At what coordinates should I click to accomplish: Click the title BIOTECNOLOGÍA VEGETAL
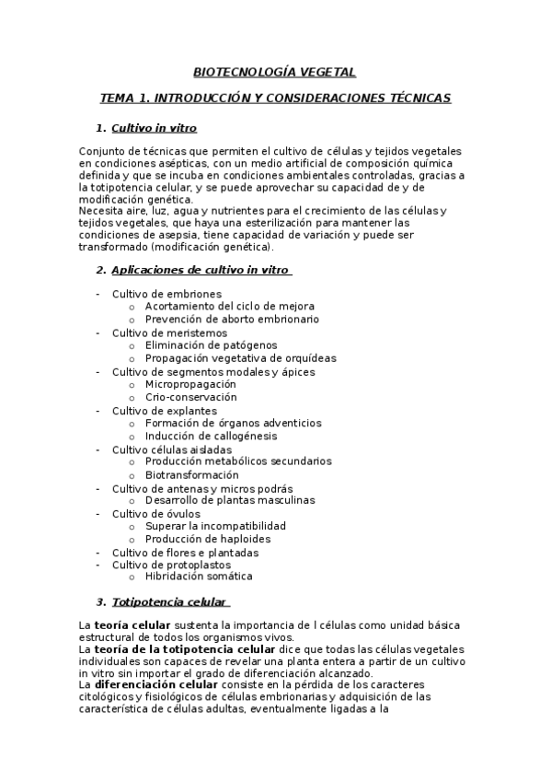[x=274, y=71]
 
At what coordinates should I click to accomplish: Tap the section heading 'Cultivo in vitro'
[x=154, y=128]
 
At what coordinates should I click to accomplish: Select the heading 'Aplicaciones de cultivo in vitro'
[x=200, y=270]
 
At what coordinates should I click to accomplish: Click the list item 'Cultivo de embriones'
[x=166, y=294]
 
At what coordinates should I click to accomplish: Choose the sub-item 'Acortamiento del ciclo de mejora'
[x=229, y=306]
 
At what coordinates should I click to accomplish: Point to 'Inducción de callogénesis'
[x=211, y=436]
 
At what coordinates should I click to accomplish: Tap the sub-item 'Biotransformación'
[x=191, y=474]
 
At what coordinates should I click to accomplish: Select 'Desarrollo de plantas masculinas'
[x=230, y=500]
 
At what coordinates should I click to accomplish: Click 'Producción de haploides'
[x=208, y=539]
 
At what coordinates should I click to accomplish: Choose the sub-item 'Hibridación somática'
[x=198, y=577]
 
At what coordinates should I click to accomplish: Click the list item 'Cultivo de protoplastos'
[x=172, y=565]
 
